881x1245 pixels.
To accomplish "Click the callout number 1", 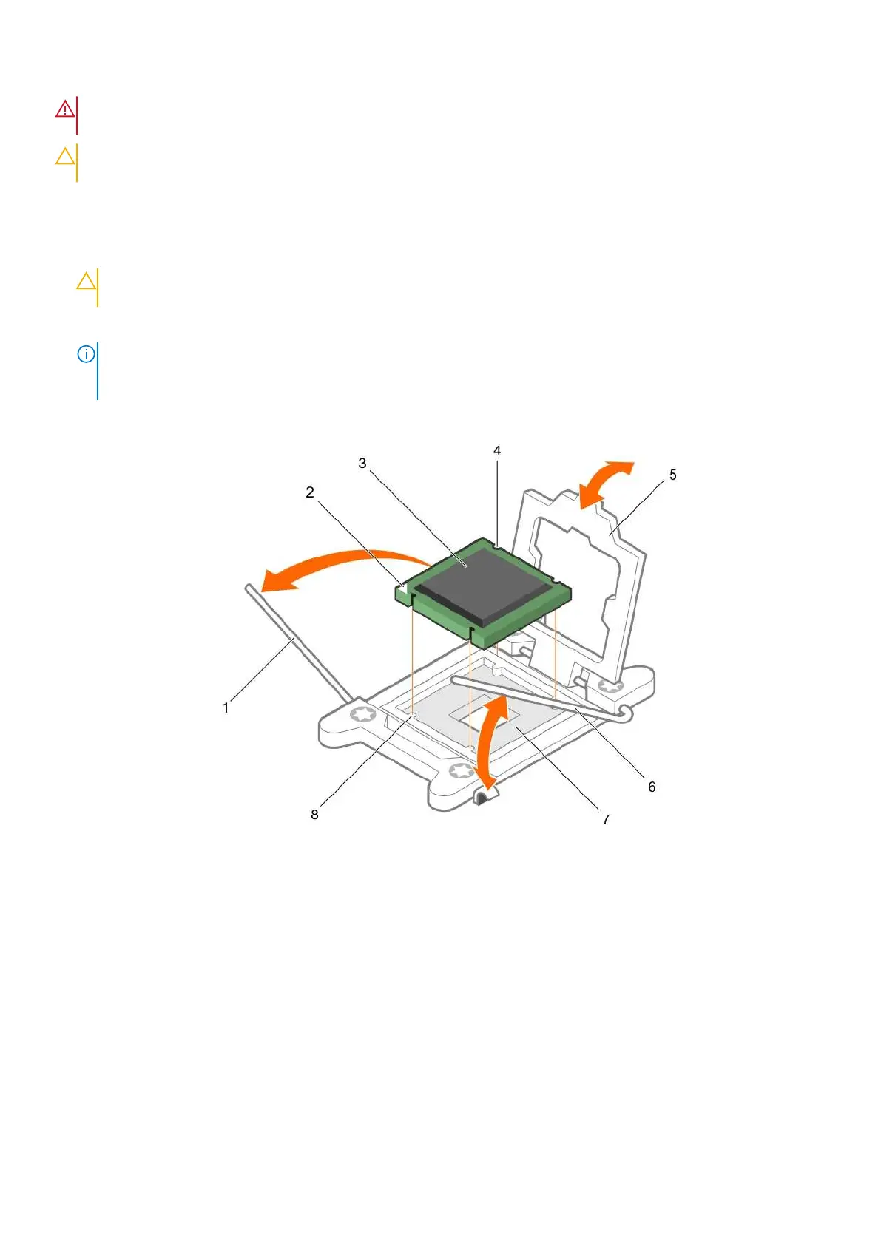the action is coord(226,708).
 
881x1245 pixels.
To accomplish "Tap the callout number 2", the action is coord(310,492).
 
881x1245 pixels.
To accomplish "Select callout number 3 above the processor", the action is coord(362,463).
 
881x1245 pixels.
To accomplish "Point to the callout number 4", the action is coord(497,450).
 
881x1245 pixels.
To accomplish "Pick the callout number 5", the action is coord(672,475).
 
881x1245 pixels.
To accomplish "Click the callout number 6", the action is coord(652,787).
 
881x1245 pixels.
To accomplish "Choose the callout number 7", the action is coord(606,819).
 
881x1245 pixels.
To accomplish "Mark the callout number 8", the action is coord(314,814).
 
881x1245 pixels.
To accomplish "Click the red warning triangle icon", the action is coord(65,109).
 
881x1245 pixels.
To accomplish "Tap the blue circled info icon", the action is coord(86,354).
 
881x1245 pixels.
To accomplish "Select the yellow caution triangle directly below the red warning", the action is coord(65,156).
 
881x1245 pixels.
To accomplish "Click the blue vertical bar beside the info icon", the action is coord(98,370).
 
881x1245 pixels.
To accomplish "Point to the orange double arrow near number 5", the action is coord(606,483).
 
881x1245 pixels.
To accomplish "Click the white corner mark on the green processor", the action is coord(402,588).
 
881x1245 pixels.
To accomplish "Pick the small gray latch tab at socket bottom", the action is coord(482,795).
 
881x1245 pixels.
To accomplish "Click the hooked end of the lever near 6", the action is coord(627,713).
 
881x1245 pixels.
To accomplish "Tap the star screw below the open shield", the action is coord(610,687).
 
